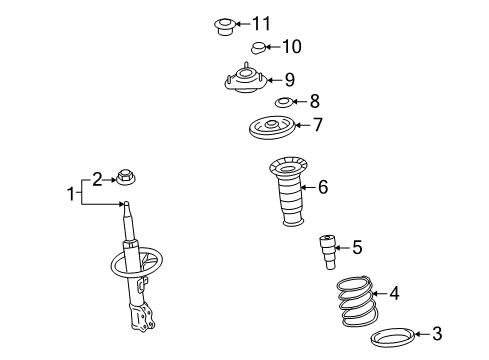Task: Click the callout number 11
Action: click(x=261, y=23)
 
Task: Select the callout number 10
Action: click(x=291, y=46)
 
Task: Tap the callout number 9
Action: click(x=289, y=79)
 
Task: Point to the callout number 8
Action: click(x=314, y=101)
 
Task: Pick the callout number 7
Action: click(x=318, y=126)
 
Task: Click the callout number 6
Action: click(x=322, y=185)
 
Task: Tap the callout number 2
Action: click(x=97, y=179)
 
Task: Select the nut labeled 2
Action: click(x=128, y=180)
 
